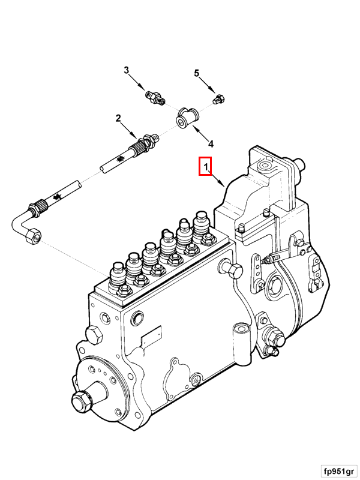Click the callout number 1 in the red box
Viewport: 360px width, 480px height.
click(x=205, y=166)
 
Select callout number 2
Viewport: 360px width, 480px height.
click(x=119, y=118)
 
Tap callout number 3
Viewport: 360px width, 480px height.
click(x=127, y=71)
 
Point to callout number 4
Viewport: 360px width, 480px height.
click(x=210, y=143)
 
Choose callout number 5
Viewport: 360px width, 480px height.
click(x=196, y=73)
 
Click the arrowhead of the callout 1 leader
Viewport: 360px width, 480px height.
click(x=224, y=187)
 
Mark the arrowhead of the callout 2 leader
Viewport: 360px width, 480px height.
click(x=137, y=136)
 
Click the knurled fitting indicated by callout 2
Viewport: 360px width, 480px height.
click(x=144, y=143)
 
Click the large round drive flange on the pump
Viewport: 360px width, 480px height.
click(x=102, y=384)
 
